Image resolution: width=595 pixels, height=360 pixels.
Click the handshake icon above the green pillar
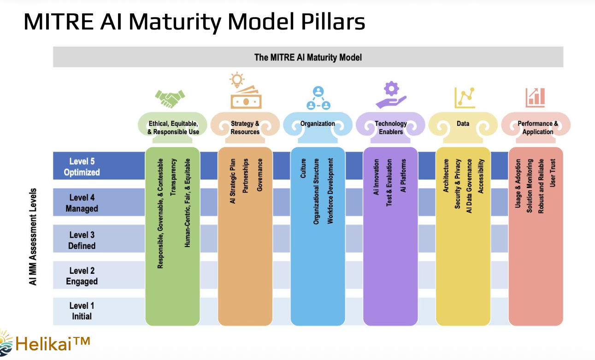[x=170, y=98]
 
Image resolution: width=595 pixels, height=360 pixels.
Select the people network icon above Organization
[x=318, y=98]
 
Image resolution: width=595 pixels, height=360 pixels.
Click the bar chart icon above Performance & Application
[x=535, y=96]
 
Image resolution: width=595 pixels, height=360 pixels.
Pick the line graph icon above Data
[x=465, y=97]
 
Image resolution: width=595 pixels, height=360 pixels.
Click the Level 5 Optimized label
[x=82, y=167]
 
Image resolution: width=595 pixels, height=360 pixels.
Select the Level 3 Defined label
[x=82, y=241]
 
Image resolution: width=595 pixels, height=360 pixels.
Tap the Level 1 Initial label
[x=82, y=311]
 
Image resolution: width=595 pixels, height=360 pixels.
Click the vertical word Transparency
[x=173, y=177]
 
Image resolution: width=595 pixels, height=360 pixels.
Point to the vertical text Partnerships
[x=246, y=176]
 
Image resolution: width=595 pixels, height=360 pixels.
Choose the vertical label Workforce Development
[x=330, y=191]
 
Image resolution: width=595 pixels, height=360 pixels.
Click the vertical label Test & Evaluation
[x=389, y=183]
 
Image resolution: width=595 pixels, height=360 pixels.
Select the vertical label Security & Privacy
[x=458, y=184]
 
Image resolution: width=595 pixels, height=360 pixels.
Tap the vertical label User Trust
[x=553, y=173]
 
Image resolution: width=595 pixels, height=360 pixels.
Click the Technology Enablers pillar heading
[x=390, y=128]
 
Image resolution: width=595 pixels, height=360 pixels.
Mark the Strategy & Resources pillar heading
[x=245, y=128]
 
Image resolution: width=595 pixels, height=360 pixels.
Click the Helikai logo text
[x=52, y=343]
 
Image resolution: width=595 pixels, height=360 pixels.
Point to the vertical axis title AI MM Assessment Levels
[x=33, y=236]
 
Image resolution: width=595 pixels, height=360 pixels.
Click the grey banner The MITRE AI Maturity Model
[x=308, y=58]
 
